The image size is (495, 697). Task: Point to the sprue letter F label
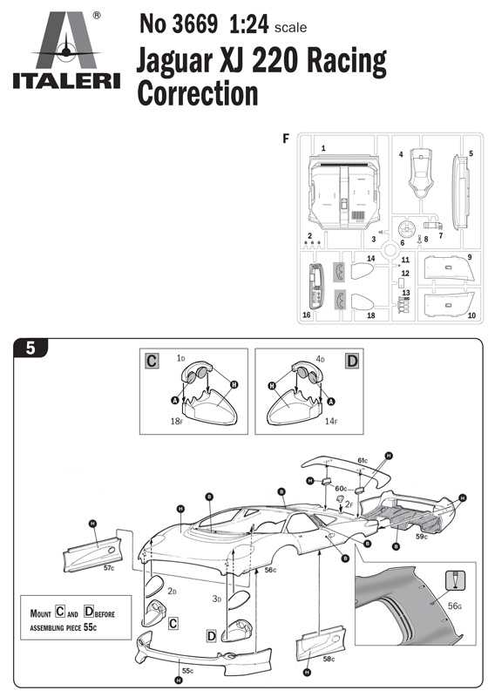coord(287,138)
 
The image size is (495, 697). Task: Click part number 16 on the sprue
coord(307,315)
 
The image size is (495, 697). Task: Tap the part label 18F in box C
coord(177,421)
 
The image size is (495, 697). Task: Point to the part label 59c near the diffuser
coord(421,537)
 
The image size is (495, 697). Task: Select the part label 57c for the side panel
coord(108,567)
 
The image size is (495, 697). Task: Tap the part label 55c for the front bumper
coord(187,671)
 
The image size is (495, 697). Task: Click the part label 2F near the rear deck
coord(349,504)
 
